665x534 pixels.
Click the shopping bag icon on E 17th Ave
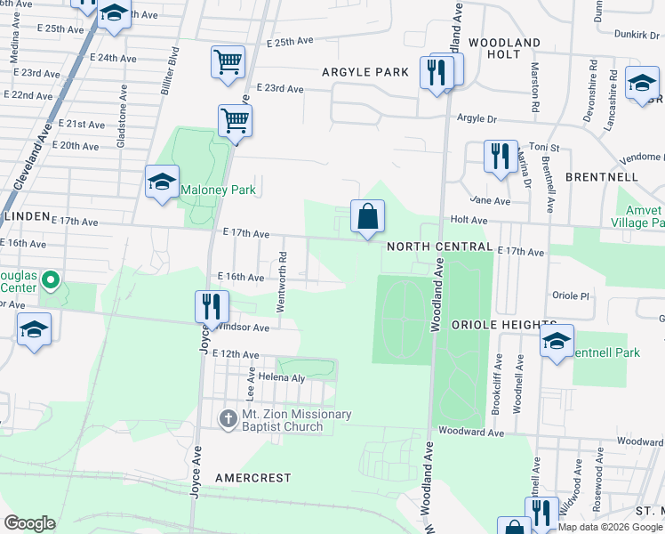(x=366, y=216)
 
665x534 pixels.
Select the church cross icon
(x=228, y=417)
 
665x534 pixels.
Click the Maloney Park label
(x=218, y=190)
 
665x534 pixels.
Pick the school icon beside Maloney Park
(x=161, y=182)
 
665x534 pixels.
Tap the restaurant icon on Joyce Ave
(x=212, y=307)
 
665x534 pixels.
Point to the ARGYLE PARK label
(x=371, y=71)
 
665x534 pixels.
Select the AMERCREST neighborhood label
(x=252, y=478)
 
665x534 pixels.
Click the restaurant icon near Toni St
(x=501, y=157)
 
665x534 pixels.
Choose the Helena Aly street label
(x=282, y=378)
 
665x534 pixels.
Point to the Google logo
(x=29, y=523)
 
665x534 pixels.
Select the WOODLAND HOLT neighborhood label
(x=504, y=48)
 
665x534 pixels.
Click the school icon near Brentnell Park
(x=557, y=341)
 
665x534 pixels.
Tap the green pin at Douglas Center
(x=51, y=282)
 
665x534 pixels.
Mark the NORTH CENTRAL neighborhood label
(x=439, y=247)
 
